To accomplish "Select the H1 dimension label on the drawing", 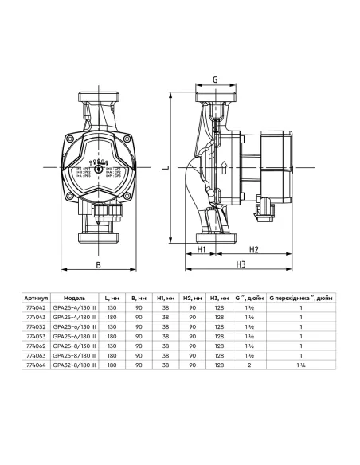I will (202, 249).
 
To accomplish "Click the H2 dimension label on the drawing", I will (253, 249).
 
